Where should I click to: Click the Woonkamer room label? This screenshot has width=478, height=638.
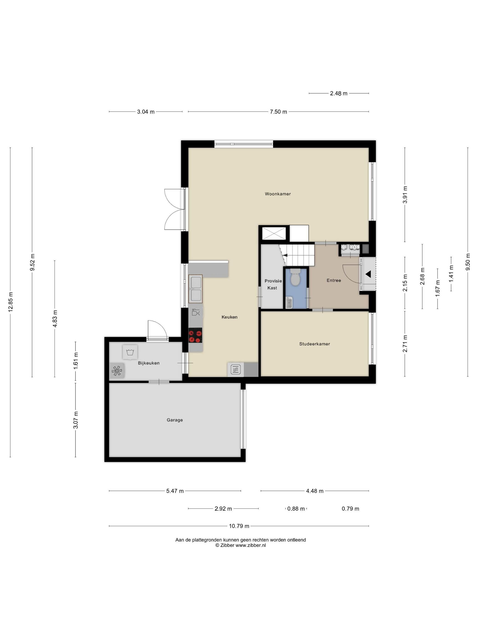(278, 194)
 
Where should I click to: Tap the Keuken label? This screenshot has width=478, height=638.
(229, 317)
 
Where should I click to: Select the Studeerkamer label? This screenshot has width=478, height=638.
(315, 344)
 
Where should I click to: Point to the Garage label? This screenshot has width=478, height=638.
(175, 420)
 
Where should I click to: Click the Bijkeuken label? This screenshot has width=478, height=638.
(149, 363)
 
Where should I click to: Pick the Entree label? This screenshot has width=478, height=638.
(334, 280)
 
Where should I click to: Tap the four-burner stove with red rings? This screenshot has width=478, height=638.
(195, 335)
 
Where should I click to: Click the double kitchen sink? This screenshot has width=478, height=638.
(195, 289)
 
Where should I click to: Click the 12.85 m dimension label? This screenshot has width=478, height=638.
(11, 302)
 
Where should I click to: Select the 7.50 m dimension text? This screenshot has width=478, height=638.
(278, 112)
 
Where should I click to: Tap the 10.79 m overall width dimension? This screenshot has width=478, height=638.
(239, 526)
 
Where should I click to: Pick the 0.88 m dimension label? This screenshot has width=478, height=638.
(296, 509)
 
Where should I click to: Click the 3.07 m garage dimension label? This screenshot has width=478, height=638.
(76, 420)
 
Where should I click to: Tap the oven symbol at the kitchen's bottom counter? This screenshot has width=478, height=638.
(236, 370)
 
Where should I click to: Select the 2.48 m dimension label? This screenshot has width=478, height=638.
(338, 93)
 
